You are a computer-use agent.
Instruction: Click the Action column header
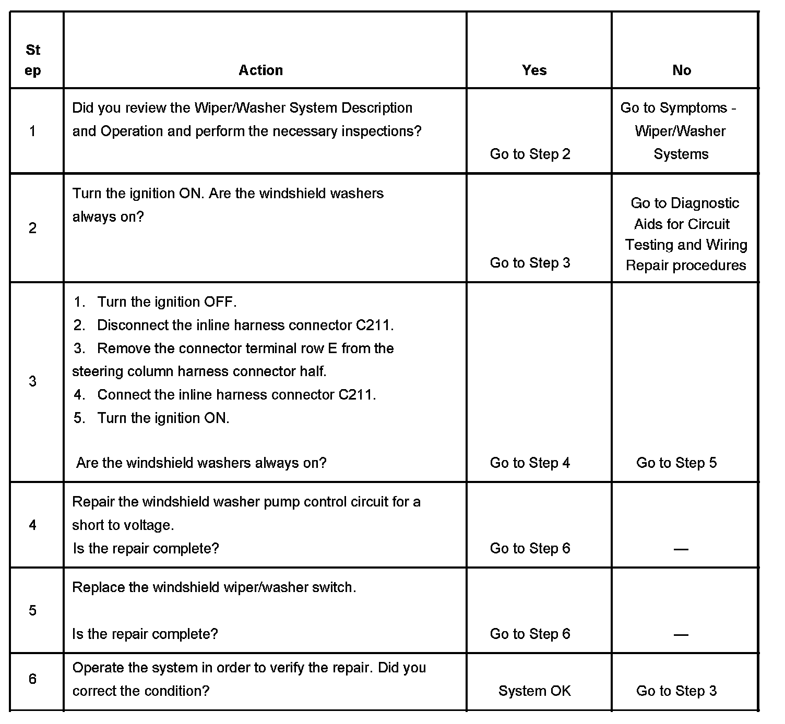(x=260, y=70)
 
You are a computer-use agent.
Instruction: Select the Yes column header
(x=534, y=70)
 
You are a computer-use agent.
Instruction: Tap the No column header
(x=681, y=70)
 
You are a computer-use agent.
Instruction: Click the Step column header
(x=32, y=60)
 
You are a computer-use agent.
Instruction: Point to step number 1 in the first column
(x=32, y=131)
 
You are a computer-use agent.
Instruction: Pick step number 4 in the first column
(x=32, y=525)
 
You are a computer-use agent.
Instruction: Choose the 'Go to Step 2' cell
(x=530, y=154)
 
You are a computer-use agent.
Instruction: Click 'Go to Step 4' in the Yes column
(x=530, y=463)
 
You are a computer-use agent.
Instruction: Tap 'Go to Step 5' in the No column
(x=676, y=463)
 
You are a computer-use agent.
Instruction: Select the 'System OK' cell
(x=534, y=691)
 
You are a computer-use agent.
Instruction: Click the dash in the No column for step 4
(x=681, y=549)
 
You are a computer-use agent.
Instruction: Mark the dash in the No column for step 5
(x=681, y=634)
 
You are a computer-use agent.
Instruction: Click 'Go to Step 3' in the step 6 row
(x=676, y=691)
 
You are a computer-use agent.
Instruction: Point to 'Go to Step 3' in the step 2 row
(x=530, y=262)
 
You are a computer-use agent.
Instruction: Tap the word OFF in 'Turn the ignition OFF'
(x=220, y=302)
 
